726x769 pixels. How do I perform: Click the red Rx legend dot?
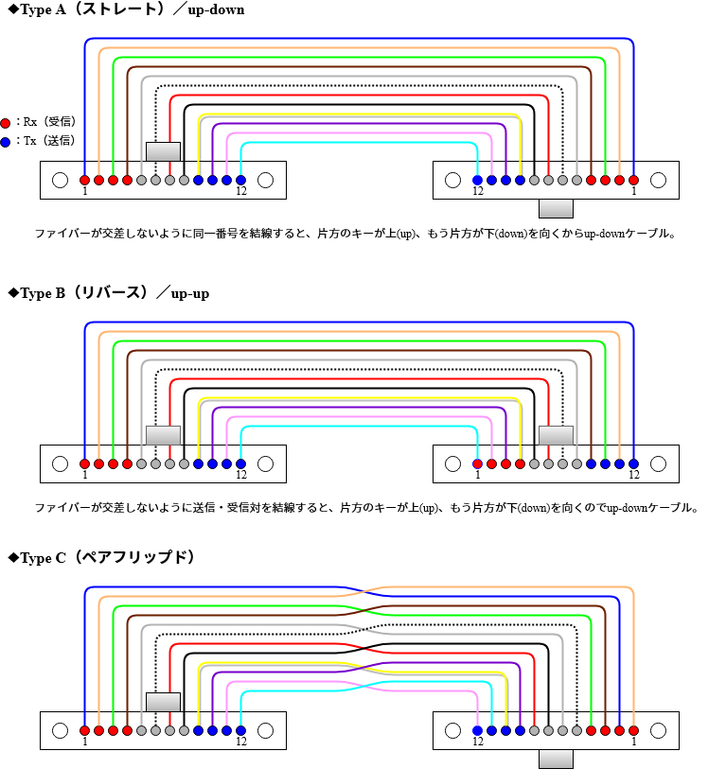click(x=6, y=123)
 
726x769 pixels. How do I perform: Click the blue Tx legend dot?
click(x=6, y=142)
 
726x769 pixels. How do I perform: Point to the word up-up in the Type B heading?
click(x=189, y=293)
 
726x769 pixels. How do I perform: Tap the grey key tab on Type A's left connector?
click(x=163, y=151)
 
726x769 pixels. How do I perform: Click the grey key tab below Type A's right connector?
click(x=556, y=209)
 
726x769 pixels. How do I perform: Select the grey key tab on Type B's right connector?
click(x=556, y=435)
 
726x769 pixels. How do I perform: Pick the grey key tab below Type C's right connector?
click(x=556, y=760)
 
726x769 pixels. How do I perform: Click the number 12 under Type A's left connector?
click(x=241, y=191)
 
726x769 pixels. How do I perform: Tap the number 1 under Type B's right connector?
click(x=477, y=475)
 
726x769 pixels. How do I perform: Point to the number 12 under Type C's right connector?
click(x=477, y=742)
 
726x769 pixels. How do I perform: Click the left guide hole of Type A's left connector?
click(x=61, y=180)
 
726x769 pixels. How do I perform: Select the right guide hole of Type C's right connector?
click(x=658, y=730)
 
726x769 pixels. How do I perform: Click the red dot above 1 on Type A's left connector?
click(x=84, y=180)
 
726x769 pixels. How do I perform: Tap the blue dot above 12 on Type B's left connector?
click(x=240, y=463)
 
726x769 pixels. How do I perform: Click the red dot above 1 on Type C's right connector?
click(x=633, y=730)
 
